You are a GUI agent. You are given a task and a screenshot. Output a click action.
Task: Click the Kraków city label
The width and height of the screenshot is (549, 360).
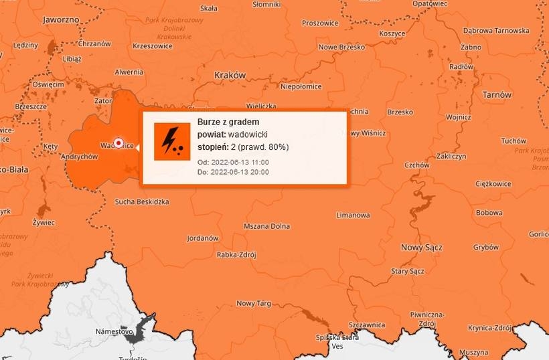click(x=230, y=75)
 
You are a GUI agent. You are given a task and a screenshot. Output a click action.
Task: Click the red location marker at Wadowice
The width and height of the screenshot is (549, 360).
click(x=119, y=143)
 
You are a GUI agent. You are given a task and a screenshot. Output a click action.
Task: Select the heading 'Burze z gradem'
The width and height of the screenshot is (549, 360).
click(x=228, y=122)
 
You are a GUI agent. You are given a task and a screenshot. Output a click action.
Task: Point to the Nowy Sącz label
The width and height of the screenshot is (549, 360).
click(x=421, y=248)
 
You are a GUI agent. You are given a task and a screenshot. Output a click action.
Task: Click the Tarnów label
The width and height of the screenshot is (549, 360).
click(x=497, y=95)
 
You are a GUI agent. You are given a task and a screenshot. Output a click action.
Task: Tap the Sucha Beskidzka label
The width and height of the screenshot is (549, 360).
click(x=142, y=201)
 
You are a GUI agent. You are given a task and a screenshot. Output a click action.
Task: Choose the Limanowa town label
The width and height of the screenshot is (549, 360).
click(x=353, y=215)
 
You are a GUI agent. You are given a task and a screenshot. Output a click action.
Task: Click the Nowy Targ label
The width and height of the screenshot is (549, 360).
click(x=253, y=303)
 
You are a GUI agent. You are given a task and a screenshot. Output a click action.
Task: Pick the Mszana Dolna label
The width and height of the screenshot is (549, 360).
click(x=266, y=226)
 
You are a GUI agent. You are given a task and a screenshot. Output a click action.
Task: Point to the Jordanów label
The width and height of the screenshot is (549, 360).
click(x=203, y=238)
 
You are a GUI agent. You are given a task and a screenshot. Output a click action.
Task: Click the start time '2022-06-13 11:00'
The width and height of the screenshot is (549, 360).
click(x=240, y=163)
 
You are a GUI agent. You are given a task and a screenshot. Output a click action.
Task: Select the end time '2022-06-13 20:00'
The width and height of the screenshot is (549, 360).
click(x=240, y=172)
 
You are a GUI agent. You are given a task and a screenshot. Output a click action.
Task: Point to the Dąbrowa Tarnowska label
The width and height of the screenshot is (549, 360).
click(x=495, y=30)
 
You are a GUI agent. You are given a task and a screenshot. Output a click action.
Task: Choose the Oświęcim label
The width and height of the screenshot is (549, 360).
click(x=48, y=85)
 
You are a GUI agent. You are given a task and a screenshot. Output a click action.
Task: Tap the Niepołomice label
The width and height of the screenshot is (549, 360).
click(x=301, y=86)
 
